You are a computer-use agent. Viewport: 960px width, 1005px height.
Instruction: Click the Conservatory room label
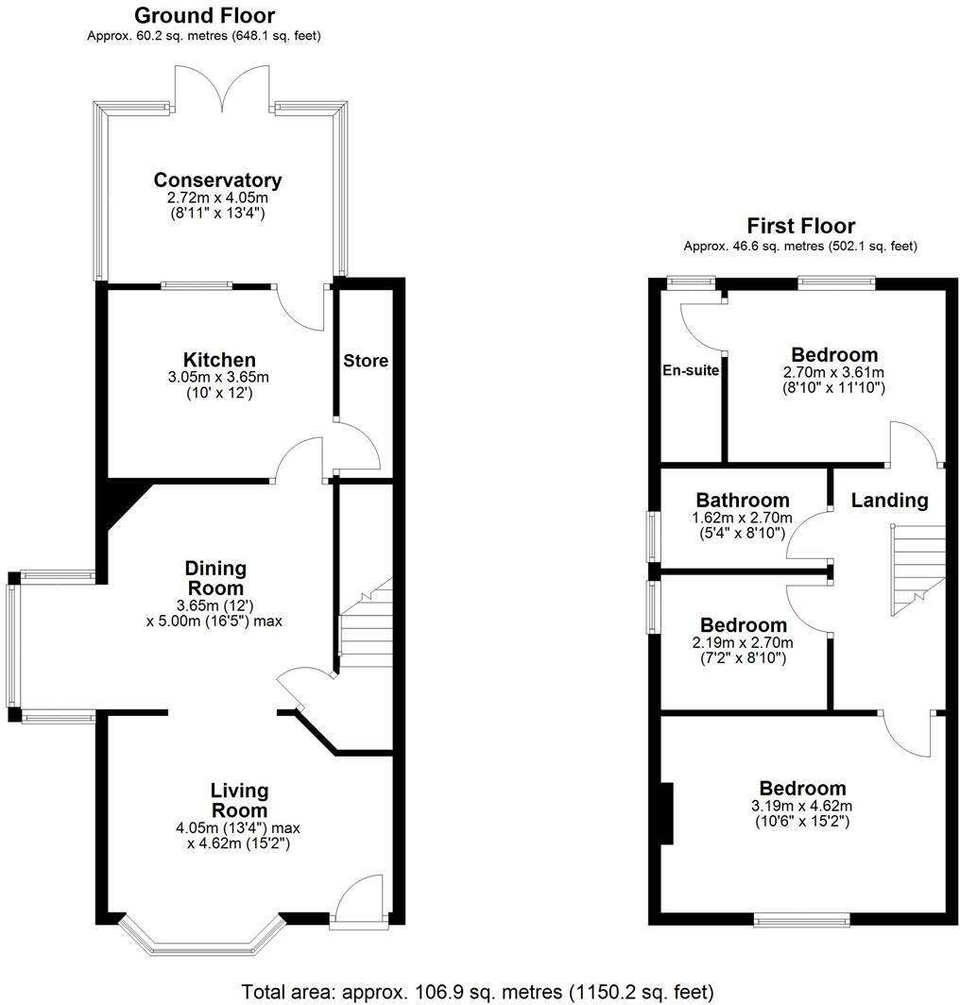pos(217,179)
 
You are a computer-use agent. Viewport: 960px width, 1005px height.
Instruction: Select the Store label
pos(366,361)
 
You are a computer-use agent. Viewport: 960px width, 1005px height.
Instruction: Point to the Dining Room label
pos(215,577)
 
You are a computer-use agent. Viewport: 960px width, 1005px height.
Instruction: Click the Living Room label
pos(239,800)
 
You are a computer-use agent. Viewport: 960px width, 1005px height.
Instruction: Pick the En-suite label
pos(691,371)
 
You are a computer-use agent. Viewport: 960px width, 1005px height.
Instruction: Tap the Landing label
pos(889,501)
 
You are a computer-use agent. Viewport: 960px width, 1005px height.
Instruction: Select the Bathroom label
pos(742,500)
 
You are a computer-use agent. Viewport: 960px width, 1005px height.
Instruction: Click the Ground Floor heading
pos(204,15)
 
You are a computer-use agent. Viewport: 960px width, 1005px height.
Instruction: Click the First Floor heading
pos(800,226)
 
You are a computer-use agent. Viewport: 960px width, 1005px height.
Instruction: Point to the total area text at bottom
pos(477,992)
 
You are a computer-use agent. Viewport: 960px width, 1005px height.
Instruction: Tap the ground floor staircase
pos(365,628)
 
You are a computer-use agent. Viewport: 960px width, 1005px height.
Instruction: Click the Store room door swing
pos(357,450)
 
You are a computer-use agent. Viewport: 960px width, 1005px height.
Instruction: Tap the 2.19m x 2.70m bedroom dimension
pos(743,643)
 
